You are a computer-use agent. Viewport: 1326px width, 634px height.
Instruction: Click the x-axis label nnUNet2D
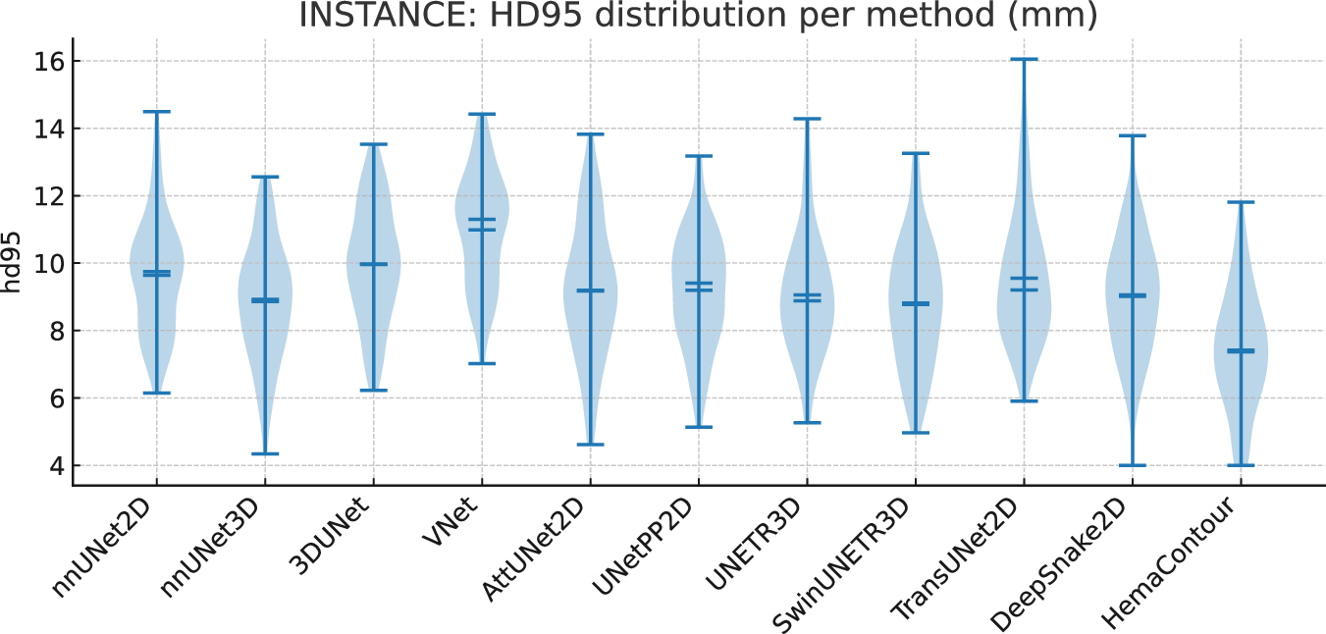[108, 550]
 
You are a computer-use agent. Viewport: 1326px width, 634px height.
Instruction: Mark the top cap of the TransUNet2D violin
[1024, 59]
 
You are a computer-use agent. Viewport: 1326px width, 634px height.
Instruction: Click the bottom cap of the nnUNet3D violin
[265, 453]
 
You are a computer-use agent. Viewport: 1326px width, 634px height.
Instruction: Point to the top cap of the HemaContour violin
[1241, 202]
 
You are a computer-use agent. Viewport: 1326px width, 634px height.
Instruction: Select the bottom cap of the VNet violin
[482, 363]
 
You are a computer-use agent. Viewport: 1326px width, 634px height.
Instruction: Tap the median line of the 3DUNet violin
[373, 264]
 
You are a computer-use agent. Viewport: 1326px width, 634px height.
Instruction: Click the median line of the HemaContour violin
[1241, 350]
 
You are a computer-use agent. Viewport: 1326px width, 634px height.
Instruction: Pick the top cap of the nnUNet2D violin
[156, 112]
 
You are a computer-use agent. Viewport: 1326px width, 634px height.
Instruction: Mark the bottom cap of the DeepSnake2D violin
[1133, 465]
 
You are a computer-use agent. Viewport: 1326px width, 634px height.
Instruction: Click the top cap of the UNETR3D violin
[807, 119]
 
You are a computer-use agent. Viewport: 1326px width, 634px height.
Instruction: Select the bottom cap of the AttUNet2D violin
[590, 445]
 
